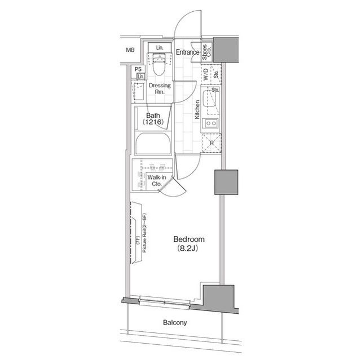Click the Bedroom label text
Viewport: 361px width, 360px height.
[189, 239]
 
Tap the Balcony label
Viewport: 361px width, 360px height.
[175, 322]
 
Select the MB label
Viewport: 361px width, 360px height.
[130, 50]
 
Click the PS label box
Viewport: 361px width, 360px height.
[138, 69]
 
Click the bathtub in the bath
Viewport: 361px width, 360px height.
[153, 144]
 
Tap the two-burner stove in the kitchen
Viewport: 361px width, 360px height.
[211, 123]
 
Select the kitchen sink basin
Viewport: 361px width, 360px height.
[209, 99]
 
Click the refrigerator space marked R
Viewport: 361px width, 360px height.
[212, 143]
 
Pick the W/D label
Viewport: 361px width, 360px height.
[206, 74]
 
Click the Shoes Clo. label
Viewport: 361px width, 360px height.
[206, 52]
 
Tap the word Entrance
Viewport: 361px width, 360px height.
[187, 52]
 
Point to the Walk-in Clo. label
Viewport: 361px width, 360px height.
[157, 181]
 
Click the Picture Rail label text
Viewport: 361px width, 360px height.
[144, 233]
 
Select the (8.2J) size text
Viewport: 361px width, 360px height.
[188, 248]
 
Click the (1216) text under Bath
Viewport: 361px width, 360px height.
[153, 122]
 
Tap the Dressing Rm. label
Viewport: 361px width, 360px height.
[160, 88]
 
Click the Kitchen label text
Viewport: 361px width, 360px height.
[197, 109]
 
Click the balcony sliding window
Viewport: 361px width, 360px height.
[164, 302]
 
